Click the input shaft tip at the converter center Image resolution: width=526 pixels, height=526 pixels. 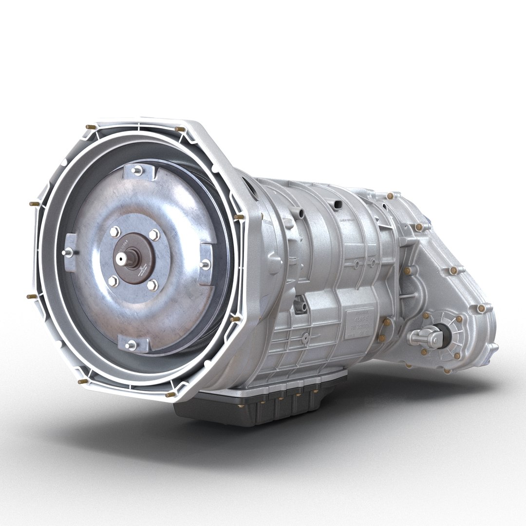(132, 256)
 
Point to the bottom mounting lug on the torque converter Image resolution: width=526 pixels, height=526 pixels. (130, 345)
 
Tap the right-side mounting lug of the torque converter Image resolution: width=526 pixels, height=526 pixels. (206, 263)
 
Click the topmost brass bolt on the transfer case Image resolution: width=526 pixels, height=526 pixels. (390, 196)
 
